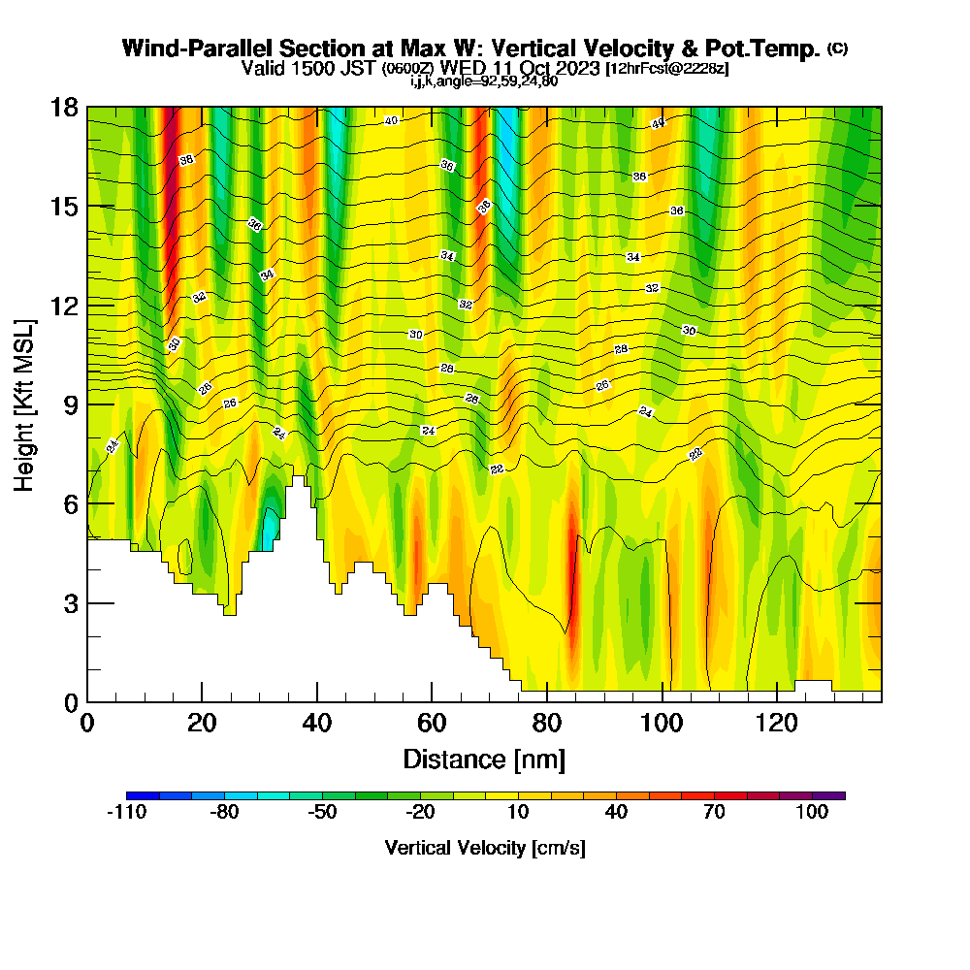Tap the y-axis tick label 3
(x=71, y=603)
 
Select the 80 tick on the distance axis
(x=547, y=723)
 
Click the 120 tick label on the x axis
(x=777, y=723)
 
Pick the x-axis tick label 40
(x=317, y=723)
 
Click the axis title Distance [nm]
(x=484, y=759)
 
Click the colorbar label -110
(x=126, y=813)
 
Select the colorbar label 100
(x=812, y=813)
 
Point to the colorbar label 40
(x=616, y=813)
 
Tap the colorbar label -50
(x=322, y=813)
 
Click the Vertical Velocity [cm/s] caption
(x=484, y=848)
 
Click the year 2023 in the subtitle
(x=573, y=68)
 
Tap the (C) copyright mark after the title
(x=837, y=48)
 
